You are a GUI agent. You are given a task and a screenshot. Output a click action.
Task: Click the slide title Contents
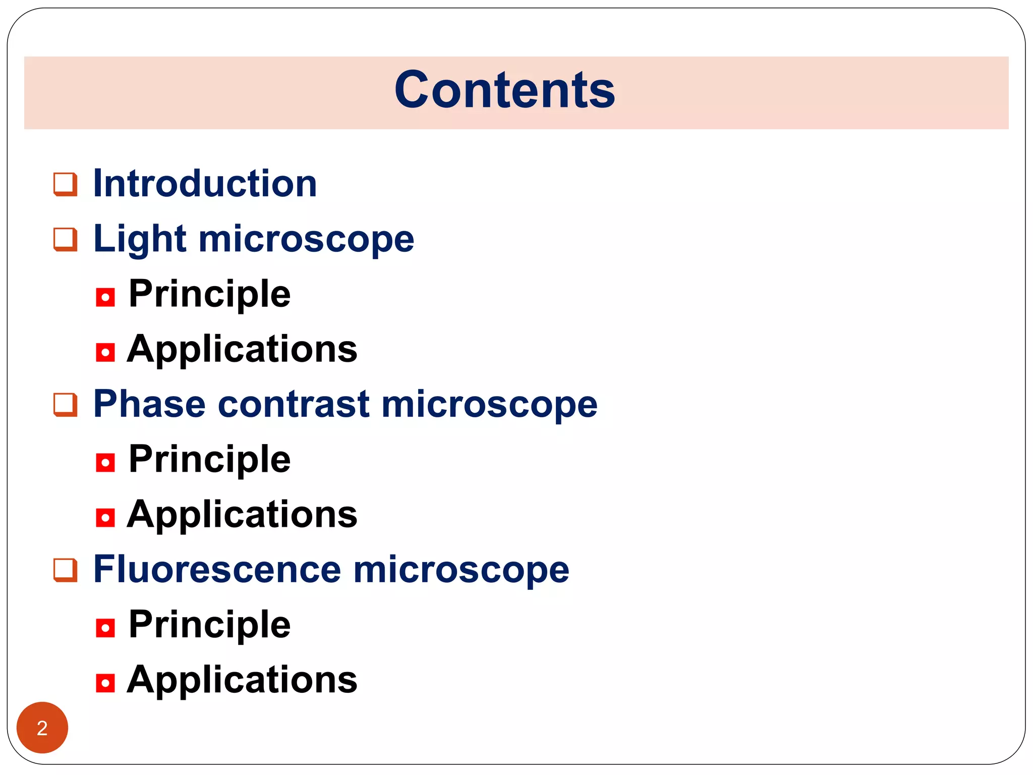click(504, 90)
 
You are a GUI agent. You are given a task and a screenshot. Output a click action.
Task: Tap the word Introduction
click(205, 183)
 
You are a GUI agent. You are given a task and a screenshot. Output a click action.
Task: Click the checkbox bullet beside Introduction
click(66, 184)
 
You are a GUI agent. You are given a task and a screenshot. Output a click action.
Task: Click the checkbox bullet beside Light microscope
click(66, 240)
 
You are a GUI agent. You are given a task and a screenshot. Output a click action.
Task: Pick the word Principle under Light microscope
click(210, 294)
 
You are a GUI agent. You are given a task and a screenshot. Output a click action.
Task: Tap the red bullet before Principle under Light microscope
click(105, 297)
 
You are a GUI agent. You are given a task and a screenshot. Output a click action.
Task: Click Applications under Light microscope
click(242, 349)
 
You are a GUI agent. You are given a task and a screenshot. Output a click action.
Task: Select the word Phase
click(150, 404)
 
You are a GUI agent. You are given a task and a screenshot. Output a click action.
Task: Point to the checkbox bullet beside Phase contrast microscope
click(66, 405)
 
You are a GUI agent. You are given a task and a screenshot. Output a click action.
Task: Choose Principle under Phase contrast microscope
click(210, 459)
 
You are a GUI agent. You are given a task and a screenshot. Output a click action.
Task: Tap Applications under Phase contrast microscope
click(242, 515)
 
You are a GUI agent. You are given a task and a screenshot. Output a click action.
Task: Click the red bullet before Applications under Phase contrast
click(105, 518)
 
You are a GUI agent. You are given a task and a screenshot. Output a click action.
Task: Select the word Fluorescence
click(217, 570)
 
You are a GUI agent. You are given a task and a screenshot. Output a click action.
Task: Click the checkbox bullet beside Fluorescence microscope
click(66, 571)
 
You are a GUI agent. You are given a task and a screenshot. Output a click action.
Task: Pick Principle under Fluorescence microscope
click(210, 625)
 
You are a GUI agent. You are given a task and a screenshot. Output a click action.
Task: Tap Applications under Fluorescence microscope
click(242, 680)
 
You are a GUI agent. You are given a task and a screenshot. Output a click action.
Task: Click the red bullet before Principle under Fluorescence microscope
click(105, 628)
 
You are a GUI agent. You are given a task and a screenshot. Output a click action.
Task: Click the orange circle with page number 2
click(42, 728)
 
